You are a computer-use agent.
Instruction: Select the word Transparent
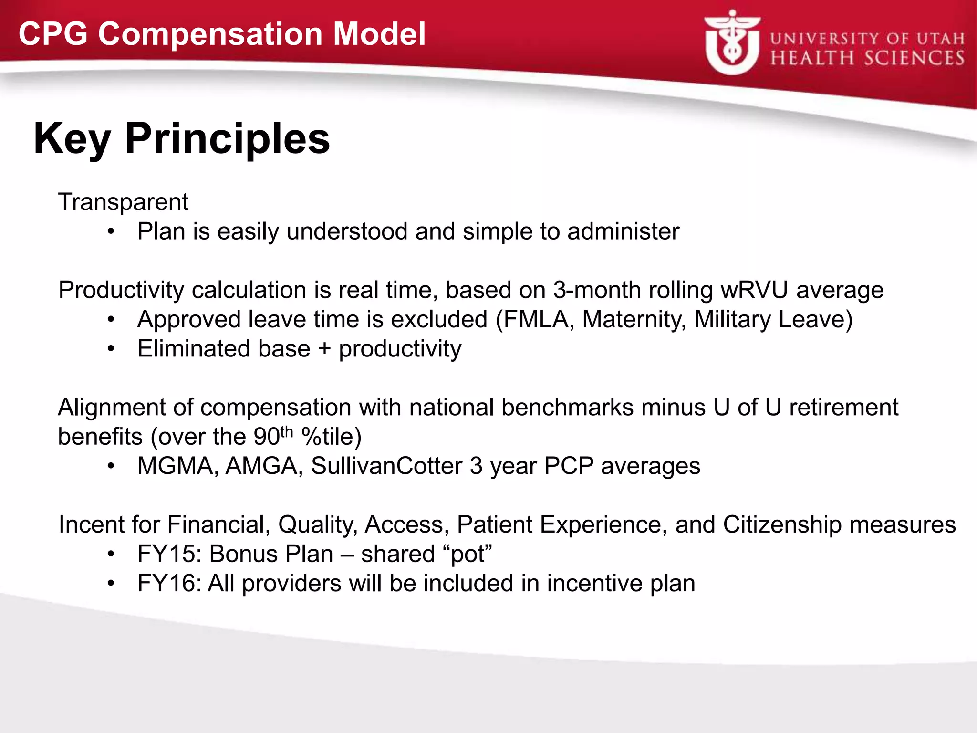point(123,202)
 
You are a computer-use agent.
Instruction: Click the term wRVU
point(753,290)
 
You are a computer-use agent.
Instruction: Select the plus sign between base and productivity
point(324,349)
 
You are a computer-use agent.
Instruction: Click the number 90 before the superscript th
point(266,437)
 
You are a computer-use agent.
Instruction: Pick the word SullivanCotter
point(386,466)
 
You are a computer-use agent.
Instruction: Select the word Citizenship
point(782,524)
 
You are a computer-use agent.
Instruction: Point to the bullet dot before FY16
point(111,583)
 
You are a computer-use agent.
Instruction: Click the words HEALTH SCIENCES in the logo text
point(867,58)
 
